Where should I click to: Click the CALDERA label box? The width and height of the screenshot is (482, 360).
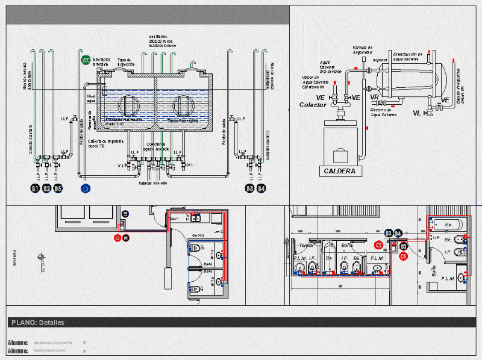point(340,171)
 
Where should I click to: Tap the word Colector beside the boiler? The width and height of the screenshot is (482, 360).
point(313,105)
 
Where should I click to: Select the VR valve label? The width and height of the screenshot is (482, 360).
point(374,97)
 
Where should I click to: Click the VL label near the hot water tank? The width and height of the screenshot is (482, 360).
point(417,113)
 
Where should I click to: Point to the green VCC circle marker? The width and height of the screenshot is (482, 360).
point(86,60)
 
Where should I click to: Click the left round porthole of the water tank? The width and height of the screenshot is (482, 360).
point(128,105)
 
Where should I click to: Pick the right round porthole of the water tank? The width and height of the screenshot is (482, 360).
point(183,105)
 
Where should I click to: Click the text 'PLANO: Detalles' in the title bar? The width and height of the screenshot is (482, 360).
point(37,323)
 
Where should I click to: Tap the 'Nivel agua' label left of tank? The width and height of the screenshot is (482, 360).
point(92,98)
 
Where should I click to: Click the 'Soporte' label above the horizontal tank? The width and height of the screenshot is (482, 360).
point(380,60)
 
